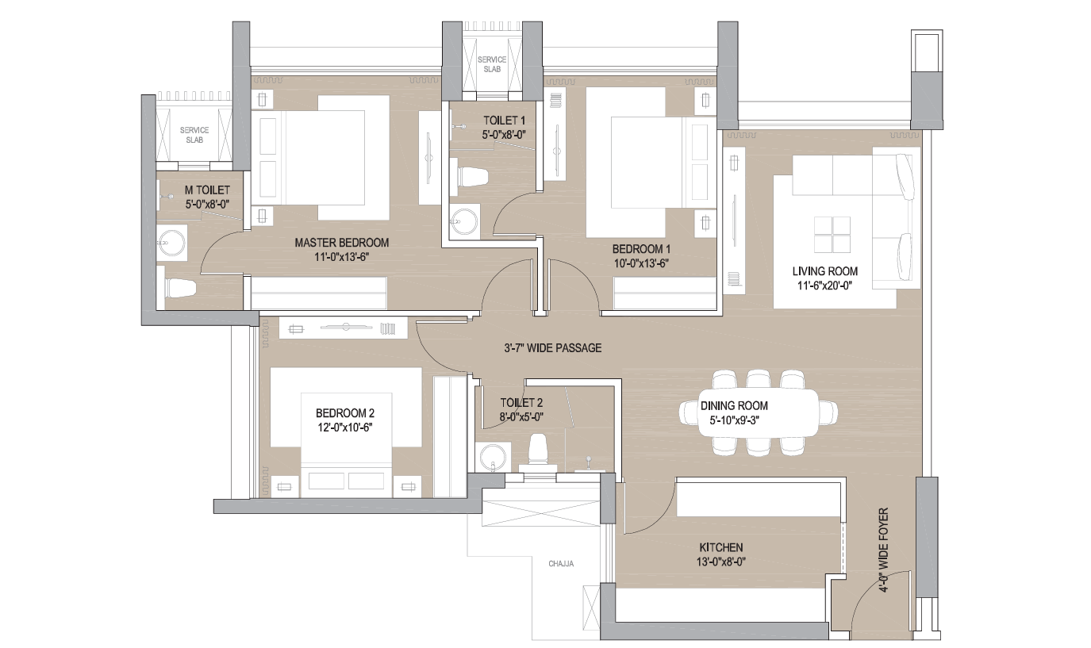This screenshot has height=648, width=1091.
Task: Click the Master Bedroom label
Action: coord(341,243)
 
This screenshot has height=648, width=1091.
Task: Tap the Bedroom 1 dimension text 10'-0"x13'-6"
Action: coord(641,263)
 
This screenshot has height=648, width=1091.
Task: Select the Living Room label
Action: coord(824,271)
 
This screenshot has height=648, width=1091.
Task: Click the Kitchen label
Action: coord(721,547)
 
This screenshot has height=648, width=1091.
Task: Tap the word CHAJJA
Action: coord(561,564)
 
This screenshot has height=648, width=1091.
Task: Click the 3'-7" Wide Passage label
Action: coord(553,347)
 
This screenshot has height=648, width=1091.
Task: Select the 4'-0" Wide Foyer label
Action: coord(884,550)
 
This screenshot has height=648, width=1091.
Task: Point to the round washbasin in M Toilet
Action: coord(171,243)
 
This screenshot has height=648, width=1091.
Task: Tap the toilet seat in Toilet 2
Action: coord(538,451)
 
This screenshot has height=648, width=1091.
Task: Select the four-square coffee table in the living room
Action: coord(832,235)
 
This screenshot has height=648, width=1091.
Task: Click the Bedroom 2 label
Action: coord(345,413)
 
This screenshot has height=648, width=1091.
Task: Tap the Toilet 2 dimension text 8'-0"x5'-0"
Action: coord(521,416)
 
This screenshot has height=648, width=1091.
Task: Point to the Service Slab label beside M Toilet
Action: coord(194,135)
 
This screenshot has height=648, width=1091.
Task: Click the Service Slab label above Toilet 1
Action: coord(492,64)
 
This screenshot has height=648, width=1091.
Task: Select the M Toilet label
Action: coord(207,190)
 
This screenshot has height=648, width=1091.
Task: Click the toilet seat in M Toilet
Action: coord(181,288)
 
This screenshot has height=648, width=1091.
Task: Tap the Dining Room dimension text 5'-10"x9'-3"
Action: coord(734,420)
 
